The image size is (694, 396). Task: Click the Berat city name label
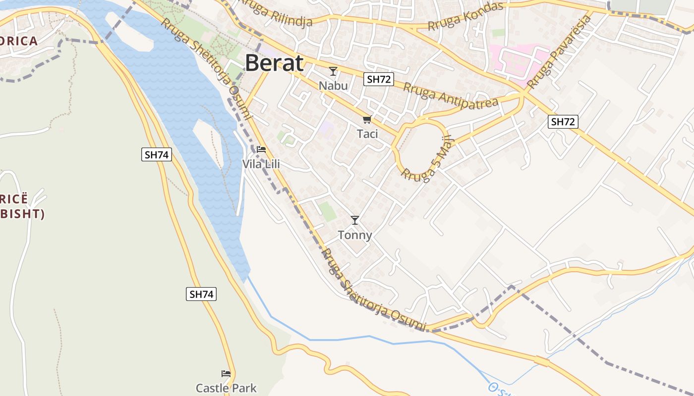[274, 63]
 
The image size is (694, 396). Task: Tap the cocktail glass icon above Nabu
[333, 71]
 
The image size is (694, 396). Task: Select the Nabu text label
[333, 86]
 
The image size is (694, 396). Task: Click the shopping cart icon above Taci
[367, 119]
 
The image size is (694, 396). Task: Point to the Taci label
[367, 134]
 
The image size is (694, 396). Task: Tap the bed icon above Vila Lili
[261, 149]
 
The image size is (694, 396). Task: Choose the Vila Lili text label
[261, 164]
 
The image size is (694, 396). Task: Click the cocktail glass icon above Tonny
[355, 220]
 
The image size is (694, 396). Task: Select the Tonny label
[355, 235]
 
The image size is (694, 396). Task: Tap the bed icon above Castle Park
[226, 374]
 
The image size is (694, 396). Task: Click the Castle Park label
[227, 388]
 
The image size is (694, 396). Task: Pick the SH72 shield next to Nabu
[379, 79]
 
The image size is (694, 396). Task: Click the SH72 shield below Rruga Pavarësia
[564, 122]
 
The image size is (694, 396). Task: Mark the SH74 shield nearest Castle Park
[202, 294]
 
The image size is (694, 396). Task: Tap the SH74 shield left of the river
[157, 154]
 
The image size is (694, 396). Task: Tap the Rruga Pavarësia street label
[560, 52]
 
